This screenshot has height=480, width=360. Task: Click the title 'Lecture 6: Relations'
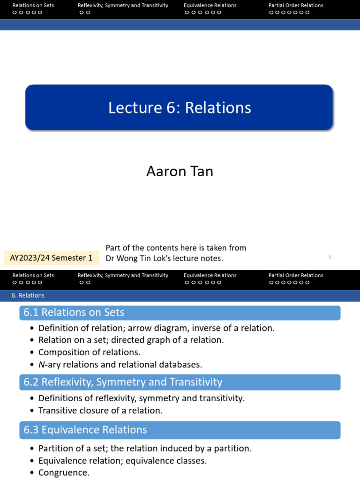[x=180, y=108]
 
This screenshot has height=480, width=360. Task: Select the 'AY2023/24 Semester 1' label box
[x=51, y=258]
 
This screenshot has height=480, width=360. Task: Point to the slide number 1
[x=330, y=257]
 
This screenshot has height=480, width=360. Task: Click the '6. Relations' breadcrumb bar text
[x=28, y=295]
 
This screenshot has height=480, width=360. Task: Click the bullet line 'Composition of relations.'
[x=89, y=352]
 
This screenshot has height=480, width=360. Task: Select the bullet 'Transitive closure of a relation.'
[x=100, y=411]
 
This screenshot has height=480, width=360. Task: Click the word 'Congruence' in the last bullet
[x=62, y=472]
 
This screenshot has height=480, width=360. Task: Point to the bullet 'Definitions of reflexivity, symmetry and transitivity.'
[x=141, y=398]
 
